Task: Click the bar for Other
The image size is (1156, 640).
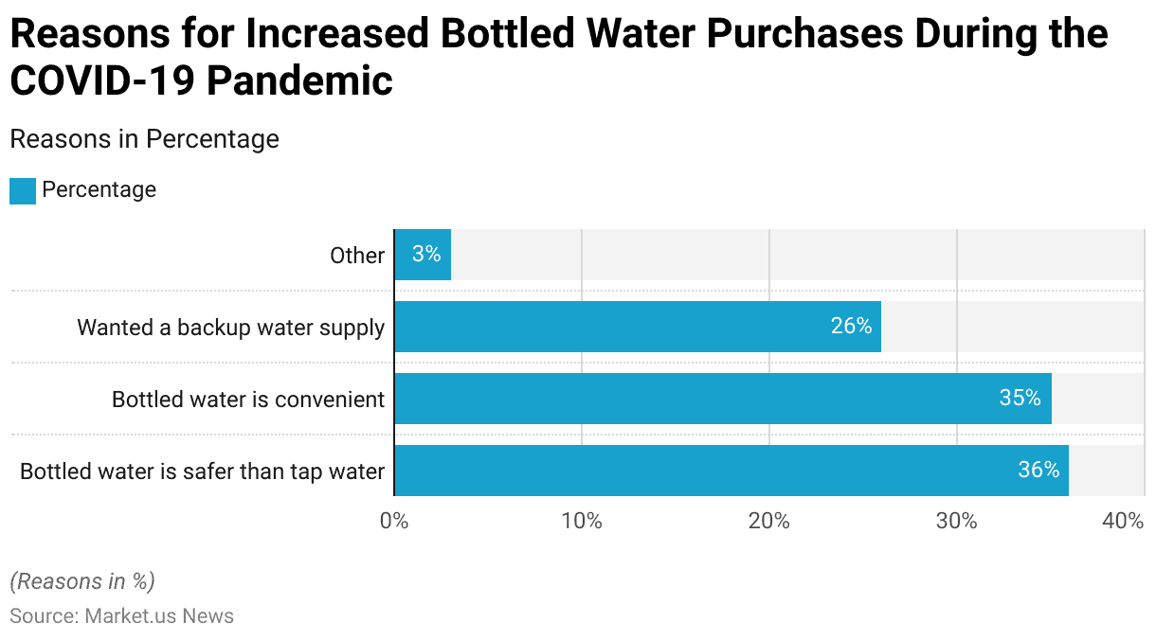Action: tap(423, 255)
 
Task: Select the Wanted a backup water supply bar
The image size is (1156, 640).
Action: tap(637, 327)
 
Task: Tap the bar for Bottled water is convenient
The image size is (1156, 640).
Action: tap(722, 399)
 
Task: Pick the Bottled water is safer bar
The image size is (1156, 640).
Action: tap(731, 471)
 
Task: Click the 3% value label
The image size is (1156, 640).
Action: tap(426, 255)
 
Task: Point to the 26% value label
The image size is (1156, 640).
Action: tap(851, 327)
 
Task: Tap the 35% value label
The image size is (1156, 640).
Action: tap(1020, 399)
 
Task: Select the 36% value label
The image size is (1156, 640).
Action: tap(1039, 471)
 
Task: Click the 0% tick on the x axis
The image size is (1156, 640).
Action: tap(394, 521)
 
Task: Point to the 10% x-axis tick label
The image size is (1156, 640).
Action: tap(581, 521)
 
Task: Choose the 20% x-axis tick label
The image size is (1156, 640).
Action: tap(768, 521)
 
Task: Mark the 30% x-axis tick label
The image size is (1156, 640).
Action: tap(956, 521)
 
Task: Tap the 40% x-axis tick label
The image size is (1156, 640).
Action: tap(1124, 521)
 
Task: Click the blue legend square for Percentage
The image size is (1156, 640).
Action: tap(23, 190)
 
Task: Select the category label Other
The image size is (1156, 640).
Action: tap(357, 256)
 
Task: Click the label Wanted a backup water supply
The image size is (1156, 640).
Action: tap(230, 328)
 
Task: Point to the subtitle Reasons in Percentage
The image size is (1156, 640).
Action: tap(144, 139)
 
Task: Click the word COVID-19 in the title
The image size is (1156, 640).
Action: tap(100, 80)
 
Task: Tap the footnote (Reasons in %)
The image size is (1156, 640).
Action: tap(82, 581)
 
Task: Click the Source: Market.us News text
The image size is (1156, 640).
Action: tap(121, 616)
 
